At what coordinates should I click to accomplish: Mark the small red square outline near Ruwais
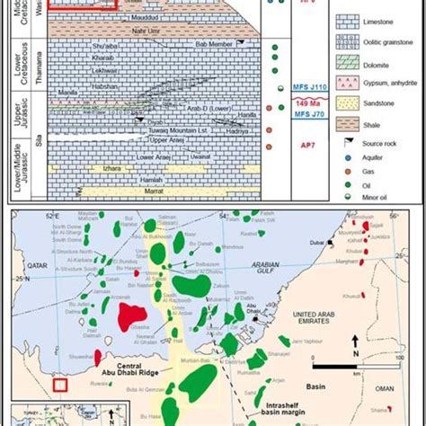pos(60,386)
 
